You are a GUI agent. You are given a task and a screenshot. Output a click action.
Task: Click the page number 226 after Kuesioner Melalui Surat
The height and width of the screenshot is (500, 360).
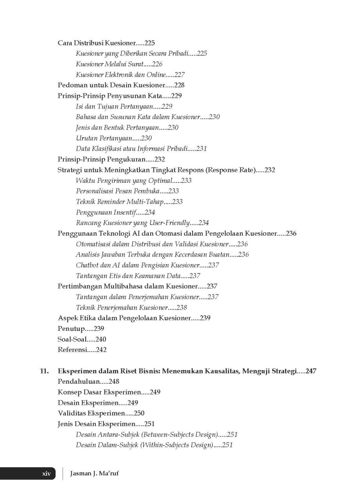point(157,64)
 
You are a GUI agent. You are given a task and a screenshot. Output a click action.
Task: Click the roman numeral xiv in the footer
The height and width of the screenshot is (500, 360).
point(47,473)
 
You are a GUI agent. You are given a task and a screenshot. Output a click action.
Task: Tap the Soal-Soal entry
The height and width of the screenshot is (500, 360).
point(72,339)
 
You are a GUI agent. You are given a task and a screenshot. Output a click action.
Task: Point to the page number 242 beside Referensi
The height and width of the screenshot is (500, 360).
point(101,350)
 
